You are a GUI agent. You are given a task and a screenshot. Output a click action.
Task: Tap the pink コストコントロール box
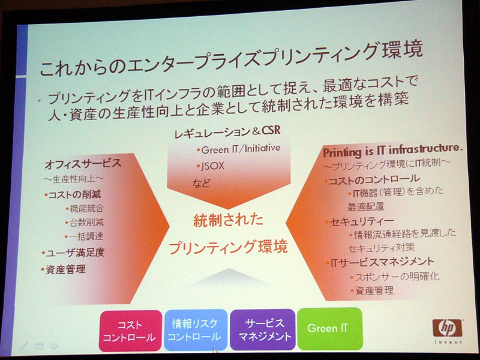pyautogui.click(x=130, y=331)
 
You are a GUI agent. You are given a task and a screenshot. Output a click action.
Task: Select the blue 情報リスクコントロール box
pyautogui.click(x=196, y=329)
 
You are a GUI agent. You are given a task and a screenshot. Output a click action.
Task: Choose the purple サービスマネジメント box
pyautogui.click(x=262, y=329)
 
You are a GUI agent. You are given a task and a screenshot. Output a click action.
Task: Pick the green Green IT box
pyautogui.click(x=329, y=328)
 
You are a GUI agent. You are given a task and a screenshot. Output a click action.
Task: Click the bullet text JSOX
pyautogui.click(x=211, y=166)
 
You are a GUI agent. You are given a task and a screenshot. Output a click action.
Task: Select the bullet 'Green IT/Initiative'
pyautogui.click(x=238, y=149)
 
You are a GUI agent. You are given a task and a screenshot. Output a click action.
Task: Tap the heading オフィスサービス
pyautogui.click(x=83, y=164)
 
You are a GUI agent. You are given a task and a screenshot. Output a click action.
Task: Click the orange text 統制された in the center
pyautogui.click(x=229, y=220)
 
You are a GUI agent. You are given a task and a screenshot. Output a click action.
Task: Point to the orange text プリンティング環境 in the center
pyautogui.click(x=228, y=247)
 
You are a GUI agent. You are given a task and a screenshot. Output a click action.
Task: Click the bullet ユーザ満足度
pyautogui.click(x=73, y=253)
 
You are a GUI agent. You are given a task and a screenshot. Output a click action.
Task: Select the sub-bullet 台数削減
pyautogui.click(x=85, y=223)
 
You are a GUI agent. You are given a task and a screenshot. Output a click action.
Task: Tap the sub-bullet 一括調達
pyautogui.click(x=84, y=236)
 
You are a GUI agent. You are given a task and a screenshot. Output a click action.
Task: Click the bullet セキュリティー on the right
pyautogui.click(x=360, y=221)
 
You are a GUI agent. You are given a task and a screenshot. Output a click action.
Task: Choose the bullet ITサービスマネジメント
pyautogui.click(x=380, y=262)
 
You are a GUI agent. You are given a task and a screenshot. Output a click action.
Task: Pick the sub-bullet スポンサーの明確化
pyautogui.click(x=395, y=277)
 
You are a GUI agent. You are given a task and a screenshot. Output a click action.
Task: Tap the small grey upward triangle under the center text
pyautogui.click(x=229, y=278)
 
